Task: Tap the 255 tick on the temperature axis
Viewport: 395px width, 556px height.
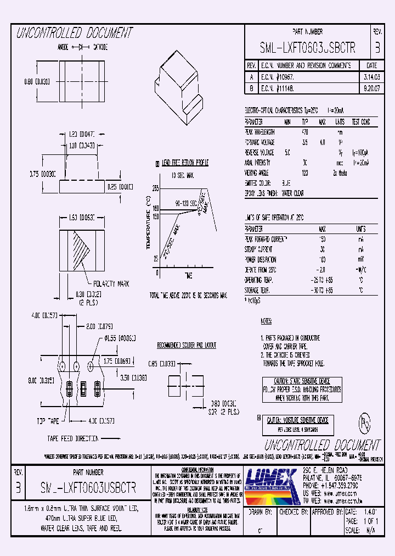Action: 155,188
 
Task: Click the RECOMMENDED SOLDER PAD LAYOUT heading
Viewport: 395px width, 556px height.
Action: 187,345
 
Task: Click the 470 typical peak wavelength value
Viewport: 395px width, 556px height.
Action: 306,132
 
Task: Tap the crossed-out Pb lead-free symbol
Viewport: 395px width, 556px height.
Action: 363,424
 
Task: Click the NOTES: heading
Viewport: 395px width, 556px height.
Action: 266,321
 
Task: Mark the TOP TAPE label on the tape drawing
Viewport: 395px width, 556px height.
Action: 48,421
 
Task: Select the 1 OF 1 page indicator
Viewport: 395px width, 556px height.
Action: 370,521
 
